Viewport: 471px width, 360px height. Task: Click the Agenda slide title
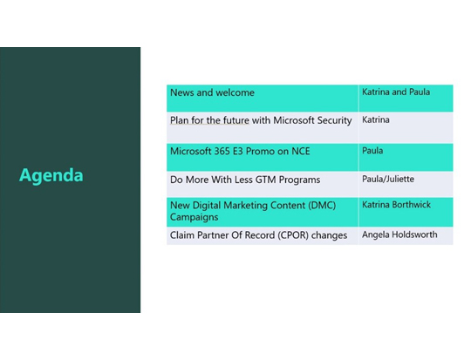point(51,175)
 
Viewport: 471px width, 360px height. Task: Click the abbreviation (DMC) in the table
point(319,205)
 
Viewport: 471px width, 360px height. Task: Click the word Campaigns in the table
point(195,216)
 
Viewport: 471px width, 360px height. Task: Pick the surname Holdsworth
point(413,234)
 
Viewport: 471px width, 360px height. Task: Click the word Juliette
point(399,179)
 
